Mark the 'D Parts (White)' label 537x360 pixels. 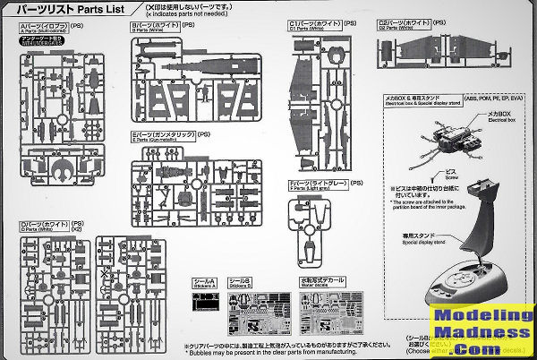(44, 225)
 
